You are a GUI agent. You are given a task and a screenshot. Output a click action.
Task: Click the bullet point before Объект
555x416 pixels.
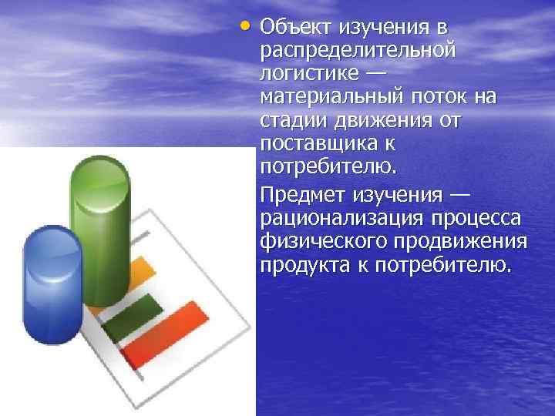(x=245, y=25)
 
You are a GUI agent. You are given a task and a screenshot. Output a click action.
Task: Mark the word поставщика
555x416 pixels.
(x=322, y=145)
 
